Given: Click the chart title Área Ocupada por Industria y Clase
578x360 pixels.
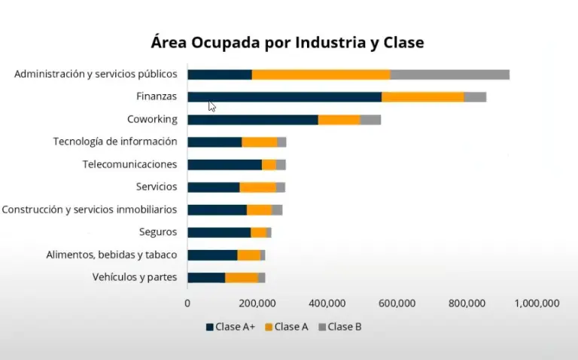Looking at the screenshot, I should pyautogui.click(x=287, y=42).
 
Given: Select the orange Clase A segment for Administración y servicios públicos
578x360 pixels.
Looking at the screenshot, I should pyautogui.click(x=321, y=75).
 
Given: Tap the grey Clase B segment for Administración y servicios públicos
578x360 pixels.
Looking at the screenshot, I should pyautogui.click(x=450, y=75).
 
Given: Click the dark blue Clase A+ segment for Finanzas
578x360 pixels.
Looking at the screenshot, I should pyautogui.click(x=284, y=97).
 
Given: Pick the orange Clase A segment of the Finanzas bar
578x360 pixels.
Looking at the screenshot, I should pyautogui.click(x=422, y=97).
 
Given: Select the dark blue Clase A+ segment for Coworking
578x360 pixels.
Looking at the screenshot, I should pyautogui.click(x=253, y=120).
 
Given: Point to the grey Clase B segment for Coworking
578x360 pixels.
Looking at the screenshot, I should pyautogui.click(x=370, y=120).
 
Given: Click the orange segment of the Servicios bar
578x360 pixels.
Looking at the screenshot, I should pyautogui.click(x=257, y=188).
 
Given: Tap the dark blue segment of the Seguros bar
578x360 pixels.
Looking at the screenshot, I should pyautogui.click(x=219, y=233).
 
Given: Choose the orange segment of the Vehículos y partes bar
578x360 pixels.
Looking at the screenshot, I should pyautogui.click(x=242, y=278).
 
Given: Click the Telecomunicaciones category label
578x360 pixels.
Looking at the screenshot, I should pyautogui.click(x=129, y=164).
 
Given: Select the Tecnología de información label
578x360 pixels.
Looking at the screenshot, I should pyautogui.click(x=115, y=142).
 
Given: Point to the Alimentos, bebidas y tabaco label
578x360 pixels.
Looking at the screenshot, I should pyautogui.click(x=111, y=255).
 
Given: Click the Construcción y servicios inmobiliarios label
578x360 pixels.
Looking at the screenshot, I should pyautogui.click(x=90, y=209).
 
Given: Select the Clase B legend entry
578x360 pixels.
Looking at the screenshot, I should pyautogui.click(x=340, y=327).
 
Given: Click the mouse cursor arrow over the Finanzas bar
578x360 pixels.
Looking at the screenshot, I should pyautogui.click(x=211, y=106).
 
